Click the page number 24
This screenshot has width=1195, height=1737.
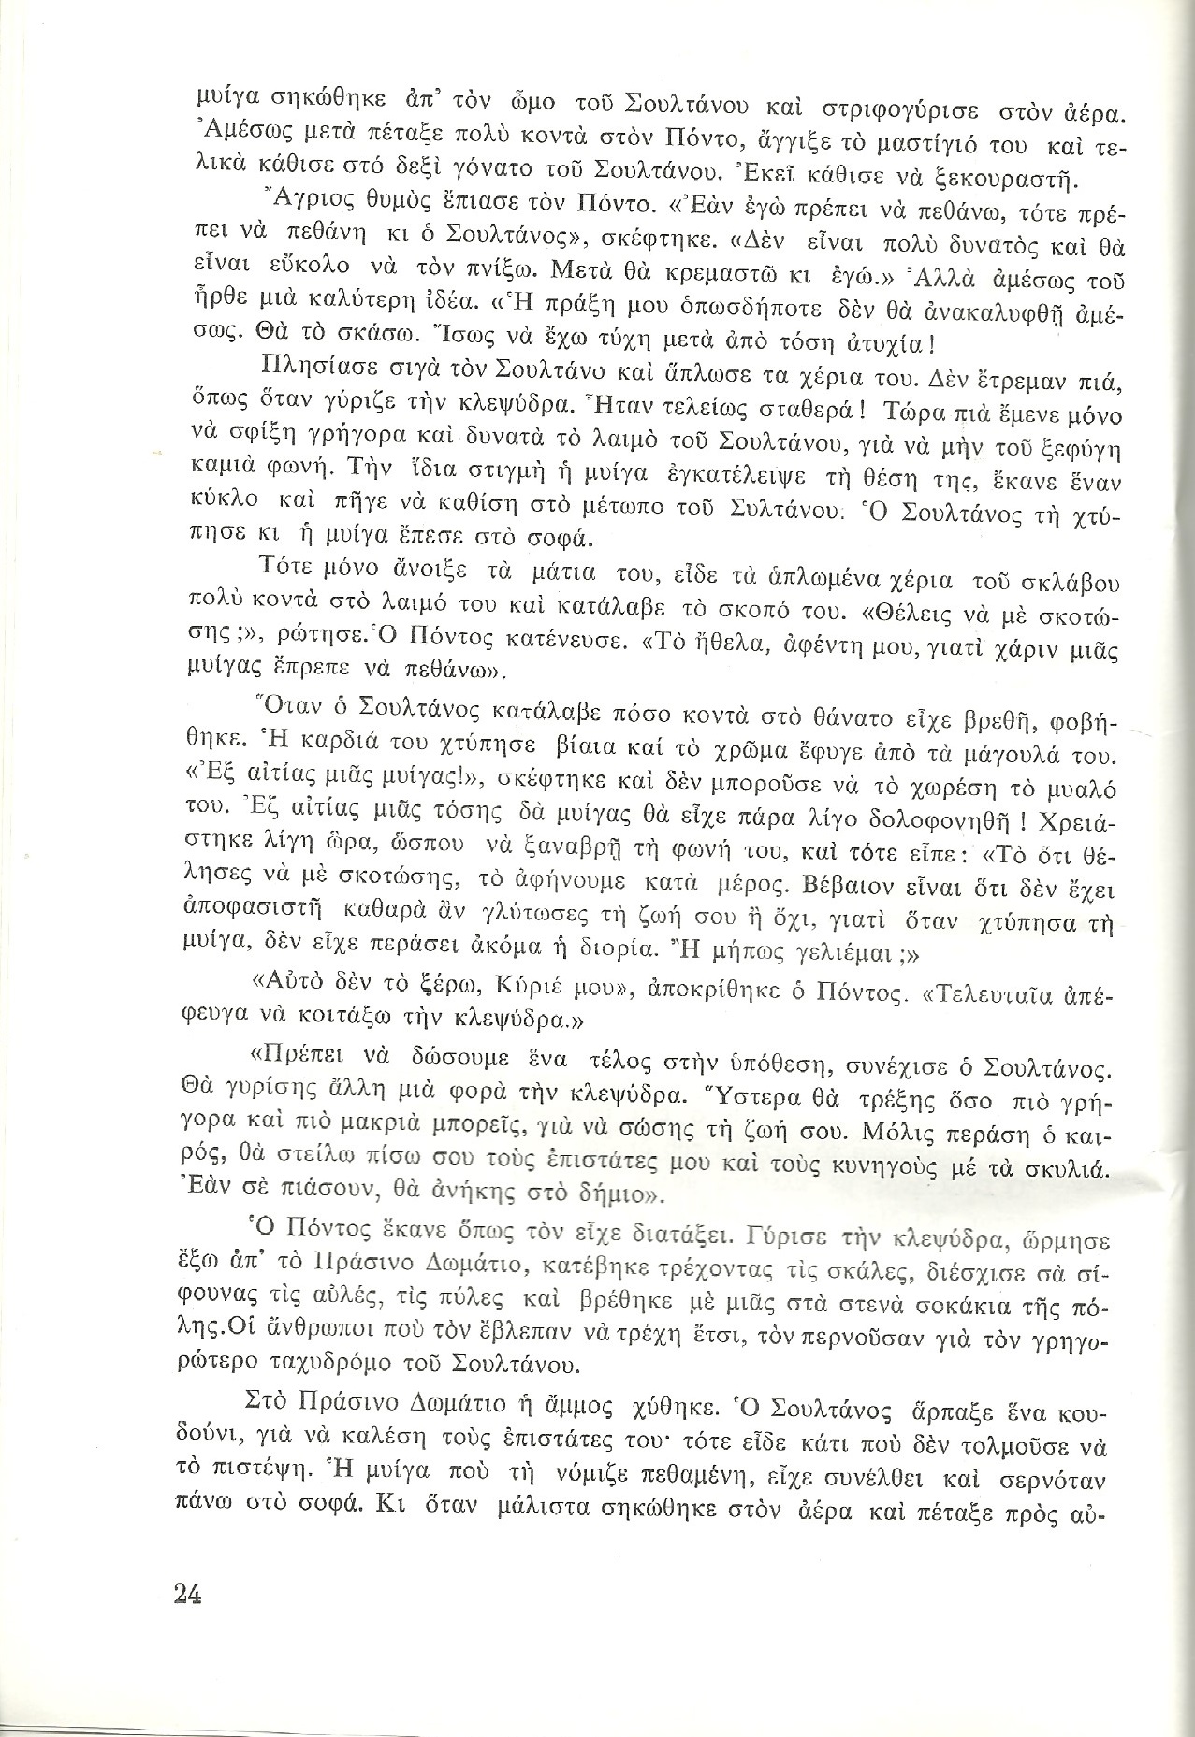[188, 1592]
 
